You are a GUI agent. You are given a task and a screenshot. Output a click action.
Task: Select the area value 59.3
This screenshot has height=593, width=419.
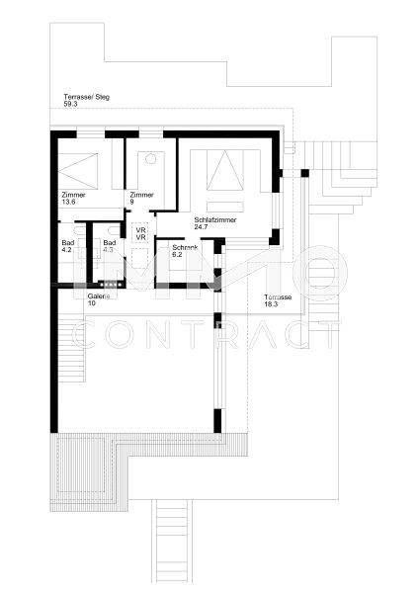(x=70, y=103)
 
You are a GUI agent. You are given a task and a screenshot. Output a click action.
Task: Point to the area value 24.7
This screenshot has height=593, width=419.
(x=202, y=227)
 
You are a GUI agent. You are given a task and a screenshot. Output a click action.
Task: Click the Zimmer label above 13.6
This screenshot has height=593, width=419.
(x=73, y=195)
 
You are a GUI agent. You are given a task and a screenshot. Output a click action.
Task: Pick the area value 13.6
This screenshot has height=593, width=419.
(x=68, y=202)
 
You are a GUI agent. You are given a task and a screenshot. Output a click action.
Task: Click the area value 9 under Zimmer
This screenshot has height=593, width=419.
(x=131, y=202)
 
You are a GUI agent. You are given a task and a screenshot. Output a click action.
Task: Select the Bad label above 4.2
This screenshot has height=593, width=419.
(x=67, y=243)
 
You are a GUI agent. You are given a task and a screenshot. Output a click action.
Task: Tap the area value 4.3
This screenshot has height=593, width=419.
(x=109, y=250)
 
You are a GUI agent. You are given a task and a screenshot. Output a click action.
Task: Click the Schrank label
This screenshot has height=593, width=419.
(x=185, y=248)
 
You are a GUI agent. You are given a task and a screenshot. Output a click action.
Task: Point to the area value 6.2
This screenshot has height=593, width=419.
(x=178, y=255)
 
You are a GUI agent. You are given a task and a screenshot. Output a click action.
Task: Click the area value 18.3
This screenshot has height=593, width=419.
(x=271, y=304)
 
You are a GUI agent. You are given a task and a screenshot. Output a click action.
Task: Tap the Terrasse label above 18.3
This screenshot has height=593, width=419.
(x=279, y=297)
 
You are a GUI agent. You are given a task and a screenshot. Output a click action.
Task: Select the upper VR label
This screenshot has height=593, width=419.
(x=141, y=230)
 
